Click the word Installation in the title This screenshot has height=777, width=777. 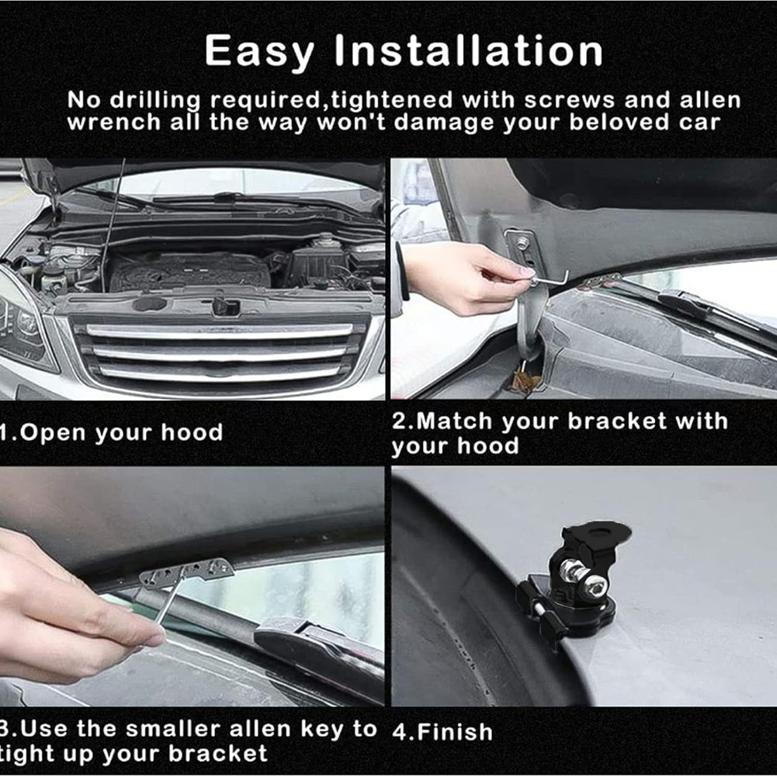point(469,52)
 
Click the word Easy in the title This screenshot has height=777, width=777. point(260,52)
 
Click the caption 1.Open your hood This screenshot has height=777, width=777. point(111,432)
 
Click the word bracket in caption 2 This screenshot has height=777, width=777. point(617,421)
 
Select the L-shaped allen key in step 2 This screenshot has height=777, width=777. point(548,275)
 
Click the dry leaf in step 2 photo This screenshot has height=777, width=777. point(527,380)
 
